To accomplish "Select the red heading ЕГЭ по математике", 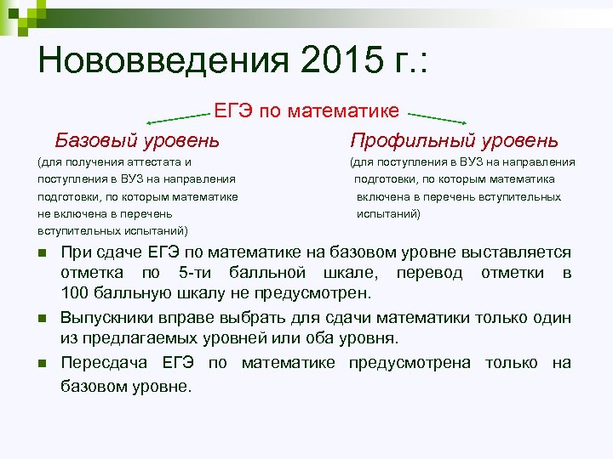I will (x=306, y=110).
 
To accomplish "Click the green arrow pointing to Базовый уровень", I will (x=180, y=117).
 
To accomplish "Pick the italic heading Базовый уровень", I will (x=137, y=139).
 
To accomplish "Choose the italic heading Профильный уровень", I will (x=455, y=139).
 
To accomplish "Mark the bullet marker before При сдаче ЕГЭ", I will (x=42, y=254).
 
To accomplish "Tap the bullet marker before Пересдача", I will (x=42, y=365).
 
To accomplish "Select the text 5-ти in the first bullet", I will (x=197, y=273).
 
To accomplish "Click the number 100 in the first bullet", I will (x=74, y=294).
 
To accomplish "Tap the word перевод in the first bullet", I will (x=429, y=273).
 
